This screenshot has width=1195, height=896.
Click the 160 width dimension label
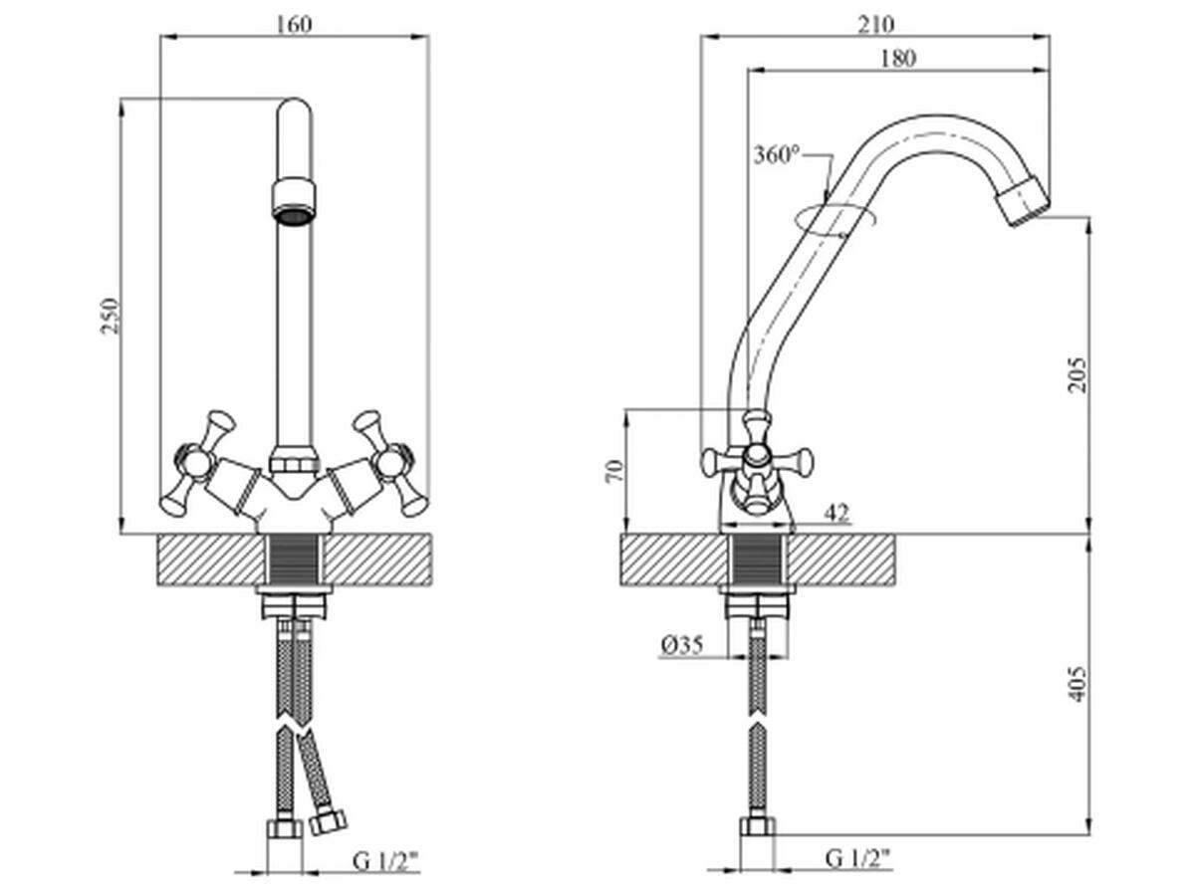[294, 25]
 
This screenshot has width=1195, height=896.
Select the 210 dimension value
[876, 25]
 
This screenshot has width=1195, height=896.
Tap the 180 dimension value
[898, 59]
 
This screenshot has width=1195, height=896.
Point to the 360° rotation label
[777, 155]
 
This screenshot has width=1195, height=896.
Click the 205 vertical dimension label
[1076, 375]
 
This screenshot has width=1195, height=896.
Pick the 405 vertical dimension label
[1076, 684]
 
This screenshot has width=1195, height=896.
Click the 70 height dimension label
[614, 471]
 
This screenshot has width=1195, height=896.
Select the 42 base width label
[836, 513]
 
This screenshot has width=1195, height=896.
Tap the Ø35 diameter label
[682, 646]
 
